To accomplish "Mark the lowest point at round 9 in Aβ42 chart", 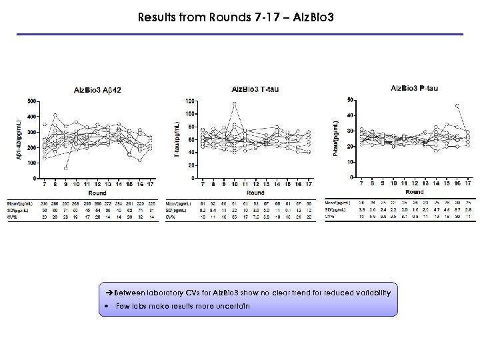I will tap(65, 169).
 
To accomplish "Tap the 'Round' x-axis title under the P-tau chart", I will tap(415, 191).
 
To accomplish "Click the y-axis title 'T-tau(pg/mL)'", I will tap(176, 139).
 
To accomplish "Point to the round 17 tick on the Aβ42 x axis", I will tap(151, 185).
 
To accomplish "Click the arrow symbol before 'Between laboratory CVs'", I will tap(110, 293).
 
